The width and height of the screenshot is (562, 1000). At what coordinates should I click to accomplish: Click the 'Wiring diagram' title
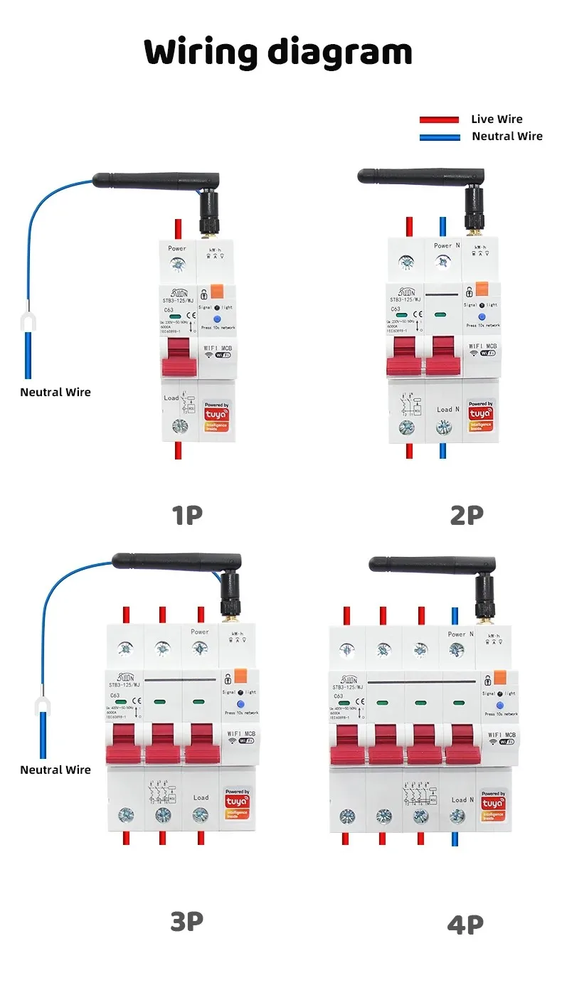pyautogui.click(x=278, y=53)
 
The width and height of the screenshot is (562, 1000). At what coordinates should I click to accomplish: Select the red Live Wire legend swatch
pyautogui.click(x=439, y=119)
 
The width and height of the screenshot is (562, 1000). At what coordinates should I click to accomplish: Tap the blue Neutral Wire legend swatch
pyautogui.click(x=439, y=137)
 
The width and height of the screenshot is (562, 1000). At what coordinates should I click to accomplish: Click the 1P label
pyautogui.click(x=187, y=515)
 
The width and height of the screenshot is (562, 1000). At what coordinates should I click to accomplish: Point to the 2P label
pyautogui.click(x=467, y=515)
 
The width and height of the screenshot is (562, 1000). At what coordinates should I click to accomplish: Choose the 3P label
pyautogui.click(x=186, y=922)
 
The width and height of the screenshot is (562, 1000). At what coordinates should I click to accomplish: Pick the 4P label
pyautogui.click(x=465, y=924)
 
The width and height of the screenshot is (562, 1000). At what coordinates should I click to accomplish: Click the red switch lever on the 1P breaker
pyautogui.click(x=179, y=358)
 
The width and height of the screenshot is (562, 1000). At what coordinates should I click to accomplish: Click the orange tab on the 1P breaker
pyautogui.click(x=218, y=291)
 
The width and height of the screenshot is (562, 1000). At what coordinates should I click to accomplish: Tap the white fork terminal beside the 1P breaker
pyautogui.click(x=28, y=323)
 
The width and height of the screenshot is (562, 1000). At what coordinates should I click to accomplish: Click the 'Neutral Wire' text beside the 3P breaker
pyautogui.click(x=55, y=770)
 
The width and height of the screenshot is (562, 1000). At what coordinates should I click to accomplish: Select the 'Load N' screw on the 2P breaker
pyautogui.click(x=445, y=427)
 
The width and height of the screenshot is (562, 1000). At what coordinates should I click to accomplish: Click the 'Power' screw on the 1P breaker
pyautogui.click(x=178, y=265)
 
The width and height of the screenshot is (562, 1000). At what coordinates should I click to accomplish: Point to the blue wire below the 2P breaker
pyautogui.click(x=443, y=450)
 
